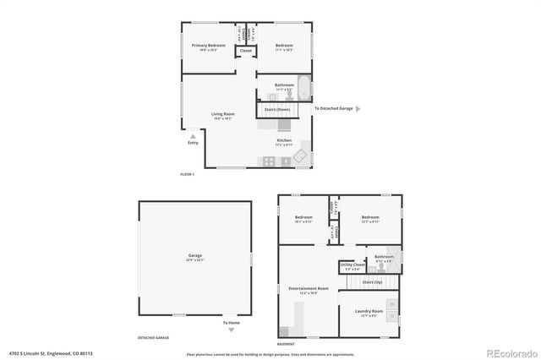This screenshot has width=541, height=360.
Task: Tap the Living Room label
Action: tap(222, 113)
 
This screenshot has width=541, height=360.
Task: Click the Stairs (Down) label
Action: tap(277, 109)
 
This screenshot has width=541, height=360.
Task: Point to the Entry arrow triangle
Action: tap(194, 135)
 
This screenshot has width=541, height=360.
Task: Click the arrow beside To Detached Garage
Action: tap(358, 109)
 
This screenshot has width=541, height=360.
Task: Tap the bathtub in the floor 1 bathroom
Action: tap(305, 87)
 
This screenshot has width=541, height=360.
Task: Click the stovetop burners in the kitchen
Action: tap(269, 161)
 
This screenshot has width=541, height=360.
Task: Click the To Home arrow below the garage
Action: tap(232, 317)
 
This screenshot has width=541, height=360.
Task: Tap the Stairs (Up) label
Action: tap(372, 281)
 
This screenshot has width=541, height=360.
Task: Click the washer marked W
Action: tap(391, 303)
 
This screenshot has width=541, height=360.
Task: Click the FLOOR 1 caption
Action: tap(187, 174)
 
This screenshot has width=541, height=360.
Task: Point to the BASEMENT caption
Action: tap(286, 343)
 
